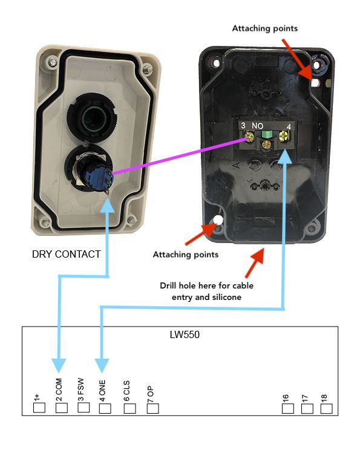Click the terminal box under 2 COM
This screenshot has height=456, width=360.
[x=61, y=408]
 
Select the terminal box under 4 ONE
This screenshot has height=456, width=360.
[x=105, y=408]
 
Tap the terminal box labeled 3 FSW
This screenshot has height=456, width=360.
[x=83, y=407]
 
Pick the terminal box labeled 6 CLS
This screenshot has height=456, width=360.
[x=130, y=408]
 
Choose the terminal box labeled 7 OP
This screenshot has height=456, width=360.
[x=153, y=408]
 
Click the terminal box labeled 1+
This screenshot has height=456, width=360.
[x=39, y=408]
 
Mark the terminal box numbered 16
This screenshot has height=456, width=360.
[x=288, y=408]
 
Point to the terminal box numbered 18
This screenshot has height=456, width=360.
[x=326, y=408]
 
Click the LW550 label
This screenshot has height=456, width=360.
[x=185, y=334]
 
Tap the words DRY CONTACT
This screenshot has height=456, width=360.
[x=66, y=254]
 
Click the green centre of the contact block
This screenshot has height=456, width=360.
[x=267, y=134]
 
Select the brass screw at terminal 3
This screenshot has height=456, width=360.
[x=250, y=137]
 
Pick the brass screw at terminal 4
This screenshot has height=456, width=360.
[x=283, y=136]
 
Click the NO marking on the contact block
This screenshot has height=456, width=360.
[x=258, y=126]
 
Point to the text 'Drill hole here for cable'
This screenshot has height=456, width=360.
[x=207, y=285]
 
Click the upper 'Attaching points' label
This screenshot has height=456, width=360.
[x=265, y=28]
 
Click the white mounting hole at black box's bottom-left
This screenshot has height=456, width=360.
[x=217, y=220]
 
